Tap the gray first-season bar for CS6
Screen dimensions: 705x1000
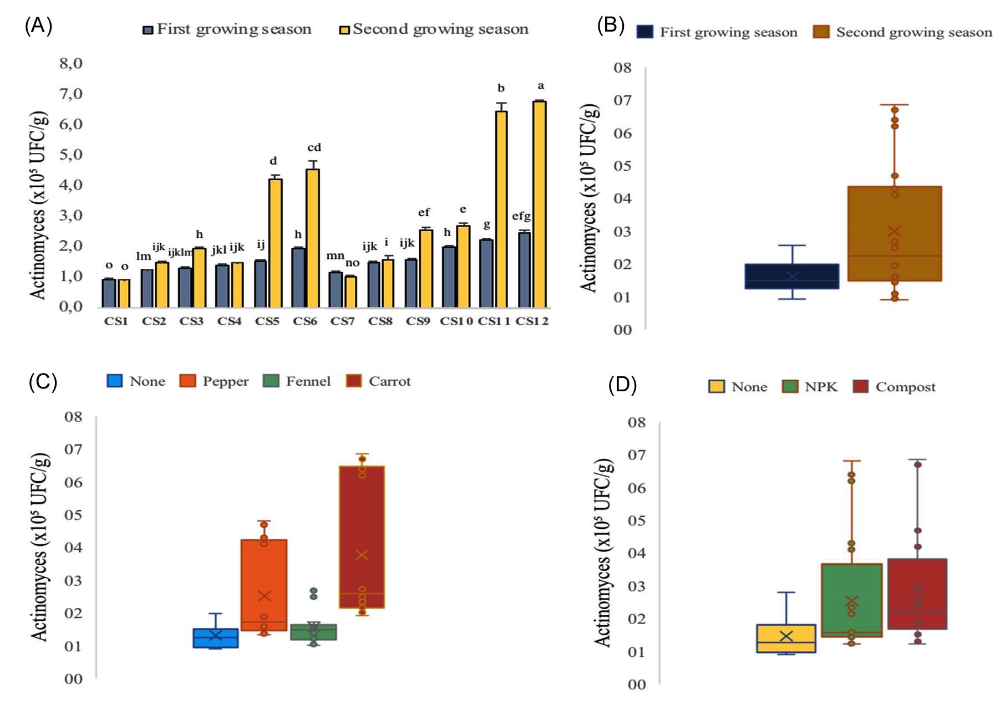coord(298,277)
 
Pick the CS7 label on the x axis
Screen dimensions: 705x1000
coord(342,321)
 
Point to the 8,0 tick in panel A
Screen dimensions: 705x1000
coord(71,63)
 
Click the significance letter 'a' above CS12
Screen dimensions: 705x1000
coord(541,86)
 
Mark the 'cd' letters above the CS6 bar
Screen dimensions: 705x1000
coord(314,147)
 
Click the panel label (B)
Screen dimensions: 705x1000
coord(610,25)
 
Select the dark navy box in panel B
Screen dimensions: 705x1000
coord(791,276)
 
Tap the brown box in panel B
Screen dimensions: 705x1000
coord(894,233)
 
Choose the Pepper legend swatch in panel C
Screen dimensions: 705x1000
coord(188,381)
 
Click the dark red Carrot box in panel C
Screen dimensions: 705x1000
coord(362,537)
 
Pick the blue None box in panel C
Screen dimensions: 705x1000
coord(215,638)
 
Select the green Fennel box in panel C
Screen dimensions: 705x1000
coord(313,632)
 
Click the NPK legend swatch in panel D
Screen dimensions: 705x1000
coord(790,386)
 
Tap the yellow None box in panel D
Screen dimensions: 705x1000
coord(785,638)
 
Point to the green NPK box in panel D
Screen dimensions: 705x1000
coord(851,600)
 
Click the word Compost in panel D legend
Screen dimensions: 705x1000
coord(905,387)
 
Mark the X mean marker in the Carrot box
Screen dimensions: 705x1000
coord(362,554)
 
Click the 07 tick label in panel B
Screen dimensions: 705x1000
coord(622,100)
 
